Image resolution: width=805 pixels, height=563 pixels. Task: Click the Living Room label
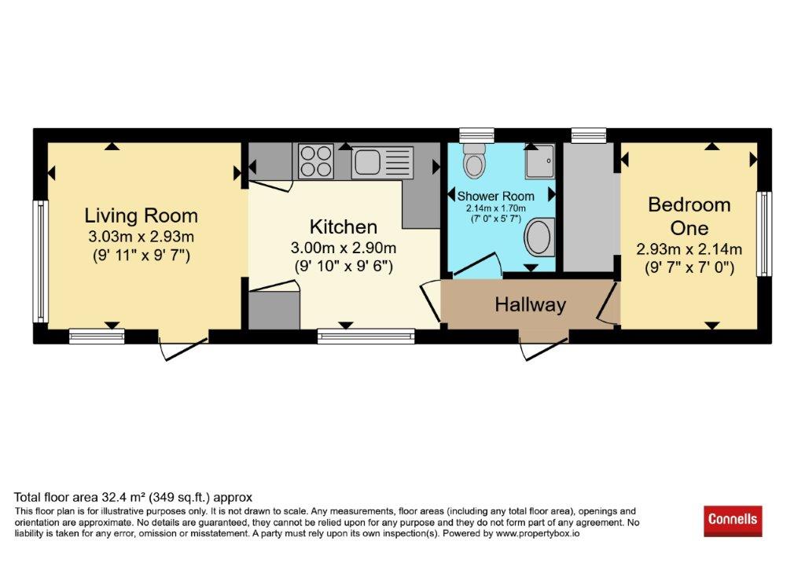click(x=142, y=215)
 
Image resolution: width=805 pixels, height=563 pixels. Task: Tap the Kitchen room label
click(x=344, y=226)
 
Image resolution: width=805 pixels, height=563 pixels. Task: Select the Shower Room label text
click(x=496, y=197)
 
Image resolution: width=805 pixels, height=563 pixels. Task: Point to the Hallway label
click(x=531, y=304)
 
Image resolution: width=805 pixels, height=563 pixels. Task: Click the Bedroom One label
click(x=689, y=216)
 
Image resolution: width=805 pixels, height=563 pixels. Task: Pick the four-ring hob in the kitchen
click(x=316, y=161)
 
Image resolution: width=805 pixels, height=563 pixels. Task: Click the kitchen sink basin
click(x=366, y=161)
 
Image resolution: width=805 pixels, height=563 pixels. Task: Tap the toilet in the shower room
click(x=473, y=160)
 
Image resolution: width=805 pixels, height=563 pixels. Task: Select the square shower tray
click(x=539, y=161)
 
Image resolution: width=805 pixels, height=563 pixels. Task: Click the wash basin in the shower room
click(x=539, y=237)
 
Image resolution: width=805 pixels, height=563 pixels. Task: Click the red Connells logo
click(x=733, y=520)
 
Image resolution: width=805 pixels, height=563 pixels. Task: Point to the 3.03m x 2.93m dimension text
click(x=142, y=237)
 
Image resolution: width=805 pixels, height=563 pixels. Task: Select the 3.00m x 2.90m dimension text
click(x=344, y=248)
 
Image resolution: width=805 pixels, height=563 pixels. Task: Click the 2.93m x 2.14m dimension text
click(x=689, y=249)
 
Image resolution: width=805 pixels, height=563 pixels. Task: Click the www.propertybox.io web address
click(x=538, y=534)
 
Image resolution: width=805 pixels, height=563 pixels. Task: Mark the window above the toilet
click(x=476, y=134)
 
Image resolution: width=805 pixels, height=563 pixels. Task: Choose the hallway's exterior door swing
click(x=544, y=348)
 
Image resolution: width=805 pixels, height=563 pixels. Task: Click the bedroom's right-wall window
click(x=764, y=234)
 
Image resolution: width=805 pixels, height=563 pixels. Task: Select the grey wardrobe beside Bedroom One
click(x=589, y=207)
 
